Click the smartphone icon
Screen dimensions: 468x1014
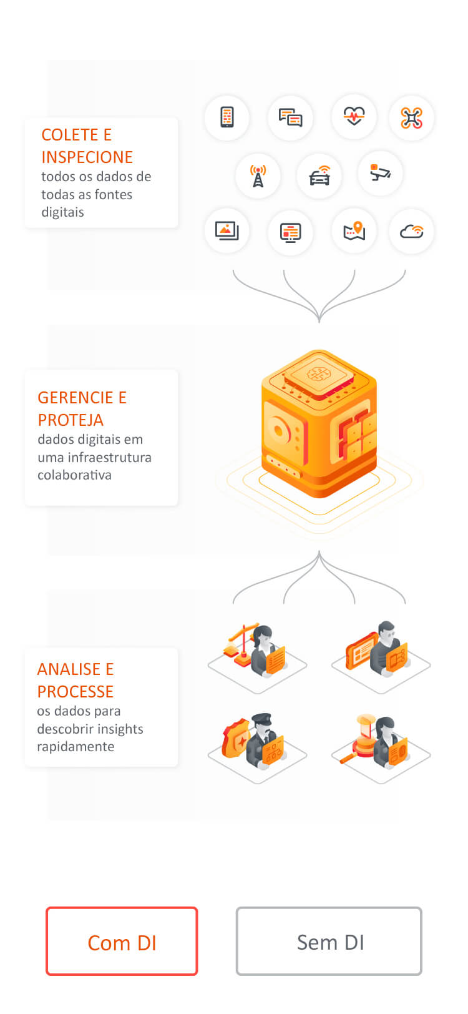click(227, 117)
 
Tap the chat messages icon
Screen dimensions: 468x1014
click(290, 117)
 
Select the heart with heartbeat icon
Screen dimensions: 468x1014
click(354, 116)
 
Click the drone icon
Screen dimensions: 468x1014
click(411, 118)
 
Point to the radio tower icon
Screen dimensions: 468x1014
click(258, 176)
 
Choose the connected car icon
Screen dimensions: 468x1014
click(319, 175)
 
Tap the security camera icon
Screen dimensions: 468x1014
click(380, 172)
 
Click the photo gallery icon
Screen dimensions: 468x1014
click(227, 231)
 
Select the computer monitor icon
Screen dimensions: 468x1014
click(290, 233)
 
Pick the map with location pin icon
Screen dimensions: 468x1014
click(354, 231)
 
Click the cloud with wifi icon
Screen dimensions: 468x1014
click(412, 231)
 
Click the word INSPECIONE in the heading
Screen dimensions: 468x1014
click(87, 157)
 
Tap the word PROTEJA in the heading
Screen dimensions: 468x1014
click(71, 420)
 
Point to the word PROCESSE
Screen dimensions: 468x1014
click(75, 692)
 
